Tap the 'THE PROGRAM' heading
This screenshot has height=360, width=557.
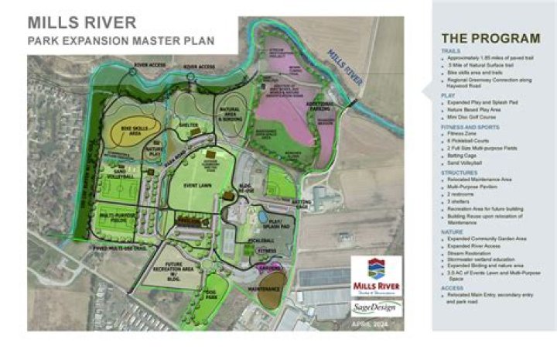pyautogui.click(x=490, y=38)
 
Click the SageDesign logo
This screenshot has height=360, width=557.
pyautogui.click(x=377, y=308)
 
